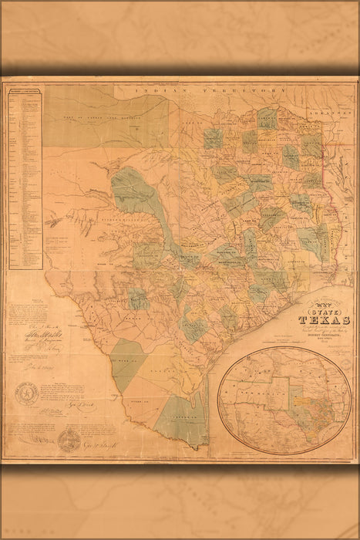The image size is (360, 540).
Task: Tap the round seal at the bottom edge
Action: point(69,440)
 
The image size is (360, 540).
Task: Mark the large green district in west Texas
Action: point(133,192)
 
